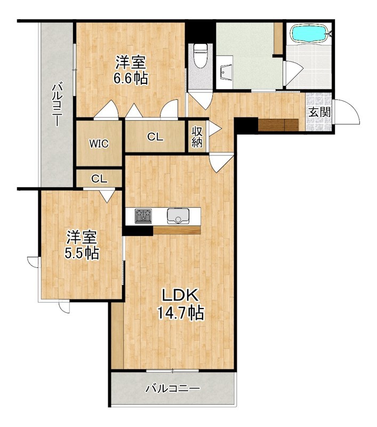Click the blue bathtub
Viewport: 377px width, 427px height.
(x=309, y=33)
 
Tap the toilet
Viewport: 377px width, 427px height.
(x=200, y=56)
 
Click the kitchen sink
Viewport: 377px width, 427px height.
(x=179, y=216)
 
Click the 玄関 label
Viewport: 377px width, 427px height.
(x=320, y=112)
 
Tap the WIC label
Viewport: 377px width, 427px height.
(x=99, y=144)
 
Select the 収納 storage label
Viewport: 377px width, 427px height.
(x=197, y=137)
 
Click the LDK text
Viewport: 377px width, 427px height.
(x=180, y=295)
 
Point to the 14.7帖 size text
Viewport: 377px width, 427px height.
(x=180, y=313)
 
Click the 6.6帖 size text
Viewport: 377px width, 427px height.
(x=131, y=78)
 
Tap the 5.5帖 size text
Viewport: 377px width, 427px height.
(x=82, y=253)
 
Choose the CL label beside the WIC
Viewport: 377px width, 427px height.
(x=155, y=137)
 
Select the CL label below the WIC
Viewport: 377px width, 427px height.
(x=99, y=179)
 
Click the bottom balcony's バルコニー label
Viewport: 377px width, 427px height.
(x=173, y=388)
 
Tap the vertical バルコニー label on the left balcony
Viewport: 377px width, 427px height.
(x=57, y=105)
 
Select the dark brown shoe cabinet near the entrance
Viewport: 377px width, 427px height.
(x=278, y=125)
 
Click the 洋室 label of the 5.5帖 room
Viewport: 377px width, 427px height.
(x=82, y=237)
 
